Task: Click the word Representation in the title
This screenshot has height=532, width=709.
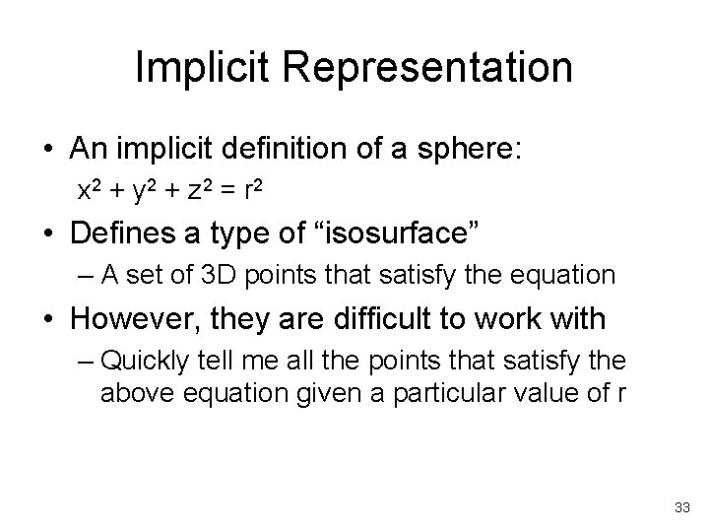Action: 432,68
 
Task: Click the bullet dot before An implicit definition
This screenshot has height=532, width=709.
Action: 48,151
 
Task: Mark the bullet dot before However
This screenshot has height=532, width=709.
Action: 48,319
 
